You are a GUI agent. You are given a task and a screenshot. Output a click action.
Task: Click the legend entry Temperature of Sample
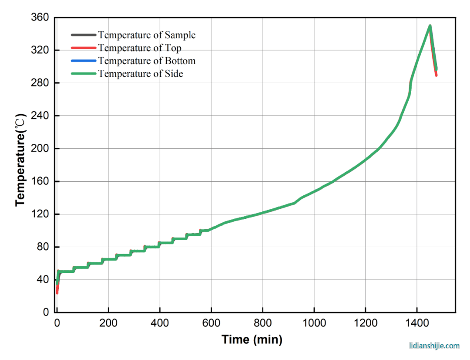(147, 35)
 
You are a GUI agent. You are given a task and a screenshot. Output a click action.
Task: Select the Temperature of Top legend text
(140, 48)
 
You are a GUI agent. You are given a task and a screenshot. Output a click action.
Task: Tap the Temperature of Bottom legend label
(147, 61)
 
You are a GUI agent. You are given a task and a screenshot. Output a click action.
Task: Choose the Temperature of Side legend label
(140, 74)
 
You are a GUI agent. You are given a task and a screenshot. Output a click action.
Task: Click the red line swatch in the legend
(84, 48)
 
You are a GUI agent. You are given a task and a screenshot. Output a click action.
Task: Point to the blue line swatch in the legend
(84, 61)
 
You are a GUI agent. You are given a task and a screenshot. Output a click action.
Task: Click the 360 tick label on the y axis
(39, 18)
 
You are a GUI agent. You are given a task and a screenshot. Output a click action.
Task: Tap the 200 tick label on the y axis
(39, 149)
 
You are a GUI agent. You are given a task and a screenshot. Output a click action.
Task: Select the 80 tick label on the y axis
(42, 247)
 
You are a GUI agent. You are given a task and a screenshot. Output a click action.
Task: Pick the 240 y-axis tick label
(39, 116)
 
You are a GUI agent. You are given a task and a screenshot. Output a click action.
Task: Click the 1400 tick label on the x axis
(417, 323)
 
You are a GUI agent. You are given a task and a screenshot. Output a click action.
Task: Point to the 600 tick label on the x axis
(211, 323)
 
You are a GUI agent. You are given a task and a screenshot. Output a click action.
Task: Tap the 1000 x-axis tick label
(314, 323)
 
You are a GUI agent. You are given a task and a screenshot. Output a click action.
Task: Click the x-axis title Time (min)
(252, 340)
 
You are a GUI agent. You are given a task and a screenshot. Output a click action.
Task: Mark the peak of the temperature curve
(430, 26)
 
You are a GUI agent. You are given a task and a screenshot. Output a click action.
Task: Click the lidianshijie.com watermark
(434, 346)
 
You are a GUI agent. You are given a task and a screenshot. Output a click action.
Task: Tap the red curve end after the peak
(436, 75)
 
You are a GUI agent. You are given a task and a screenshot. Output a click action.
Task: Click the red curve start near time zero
(57, 292)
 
